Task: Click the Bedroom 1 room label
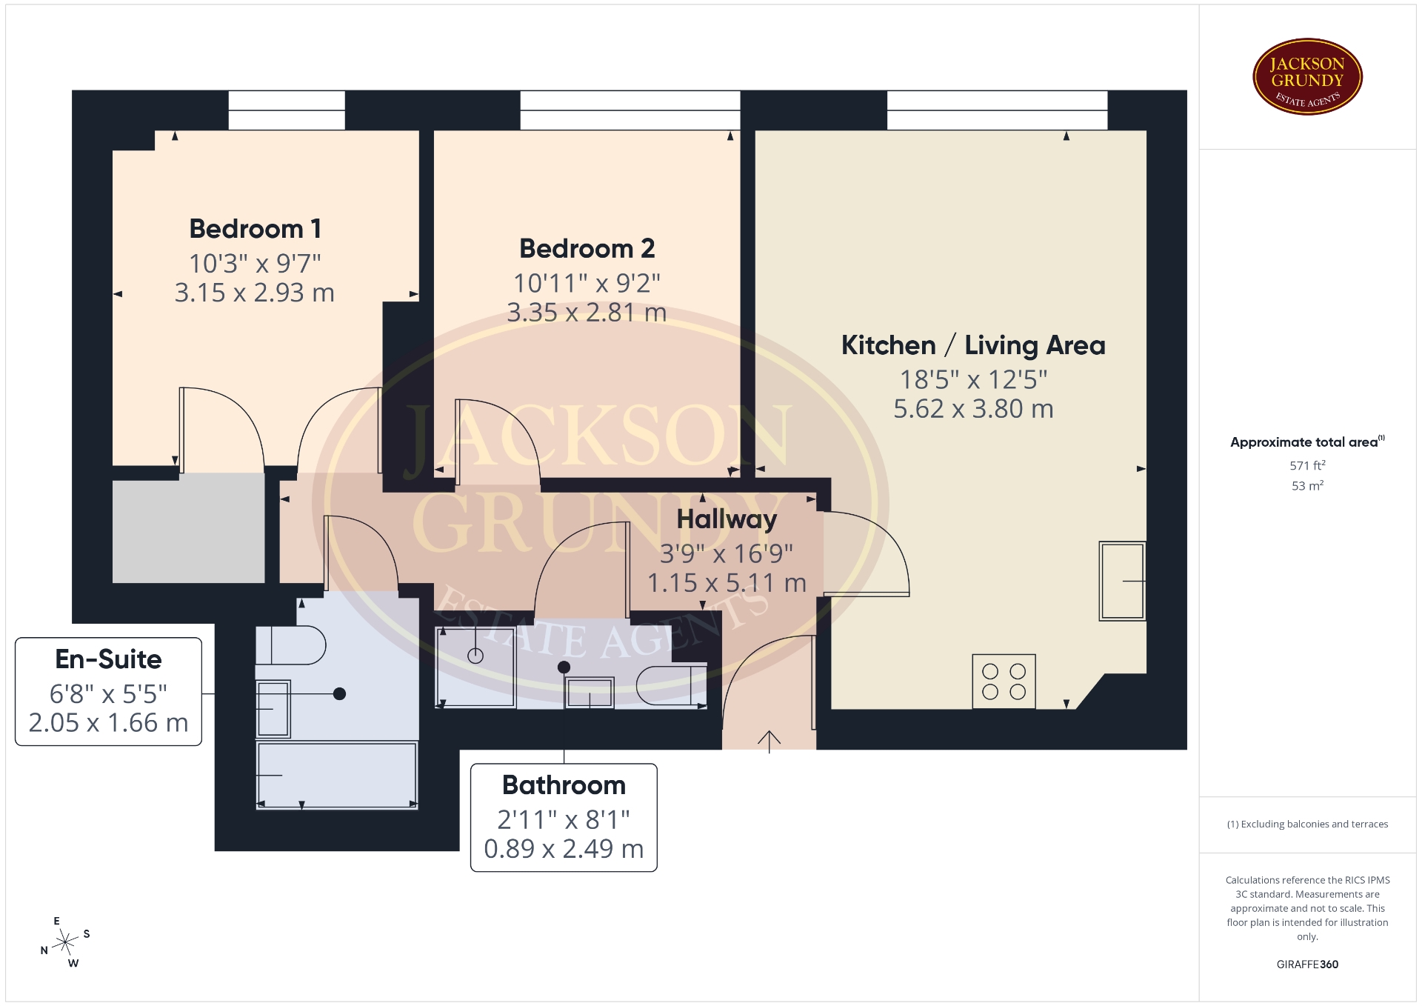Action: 255,229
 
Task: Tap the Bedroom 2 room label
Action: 587,249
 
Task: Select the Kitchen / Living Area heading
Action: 973,345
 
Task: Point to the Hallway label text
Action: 727,519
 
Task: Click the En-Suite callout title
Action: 109,659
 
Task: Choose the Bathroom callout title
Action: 564,785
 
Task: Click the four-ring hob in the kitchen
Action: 1004,682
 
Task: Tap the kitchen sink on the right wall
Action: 1122,581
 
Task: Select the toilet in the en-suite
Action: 290,645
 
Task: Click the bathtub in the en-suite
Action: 337,775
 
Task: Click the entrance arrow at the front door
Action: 769,742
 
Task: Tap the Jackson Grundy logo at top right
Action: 1307,77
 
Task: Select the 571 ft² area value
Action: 1307,465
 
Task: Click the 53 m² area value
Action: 1307,486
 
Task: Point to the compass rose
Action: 65,943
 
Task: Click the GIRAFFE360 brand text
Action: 1307,965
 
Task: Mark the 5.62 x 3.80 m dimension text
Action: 973,409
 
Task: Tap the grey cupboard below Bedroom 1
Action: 188,528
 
